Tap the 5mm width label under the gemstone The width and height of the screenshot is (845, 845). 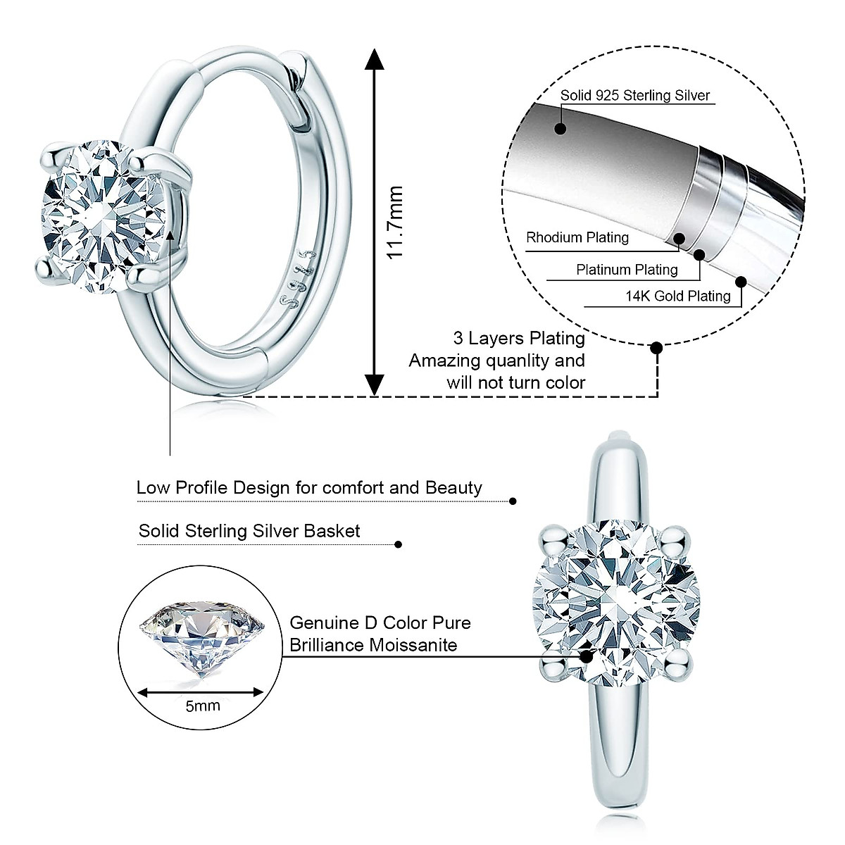click(x=203, y=705)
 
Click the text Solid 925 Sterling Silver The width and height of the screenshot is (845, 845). click(x=635, y=96)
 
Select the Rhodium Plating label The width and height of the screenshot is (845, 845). click(x=577, y=237)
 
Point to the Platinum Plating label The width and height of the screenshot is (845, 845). click(x=627, y=270)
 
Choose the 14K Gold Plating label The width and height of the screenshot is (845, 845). click(x=678, y=296)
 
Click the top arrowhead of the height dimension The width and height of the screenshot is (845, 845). click(x=375, y=59)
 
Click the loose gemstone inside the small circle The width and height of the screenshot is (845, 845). click(x=203, y=637)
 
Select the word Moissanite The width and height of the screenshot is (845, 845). click(x=413, y=645)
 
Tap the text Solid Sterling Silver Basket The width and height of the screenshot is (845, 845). click(x=249, y=531)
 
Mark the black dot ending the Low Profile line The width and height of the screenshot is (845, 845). click(x=513, y=501)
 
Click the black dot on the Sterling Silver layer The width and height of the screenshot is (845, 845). click(x=561, y=129)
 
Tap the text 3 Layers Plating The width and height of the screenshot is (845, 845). click(x=520, y=339)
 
